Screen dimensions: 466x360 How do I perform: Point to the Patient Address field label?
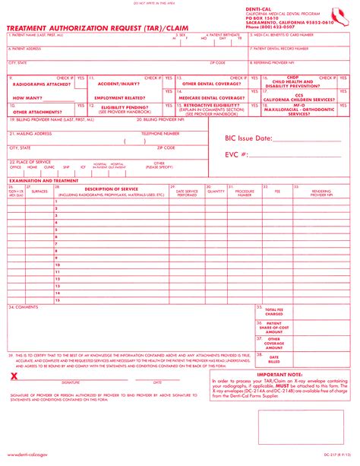tap(27, 49)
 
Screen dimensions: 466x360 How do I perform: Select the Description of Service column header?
tap(111, 189)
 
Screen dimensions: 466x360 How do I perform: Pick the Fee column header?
tap(276, 192)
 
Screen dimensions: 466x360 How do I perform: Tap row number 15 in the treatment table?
tap(58, 300)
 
